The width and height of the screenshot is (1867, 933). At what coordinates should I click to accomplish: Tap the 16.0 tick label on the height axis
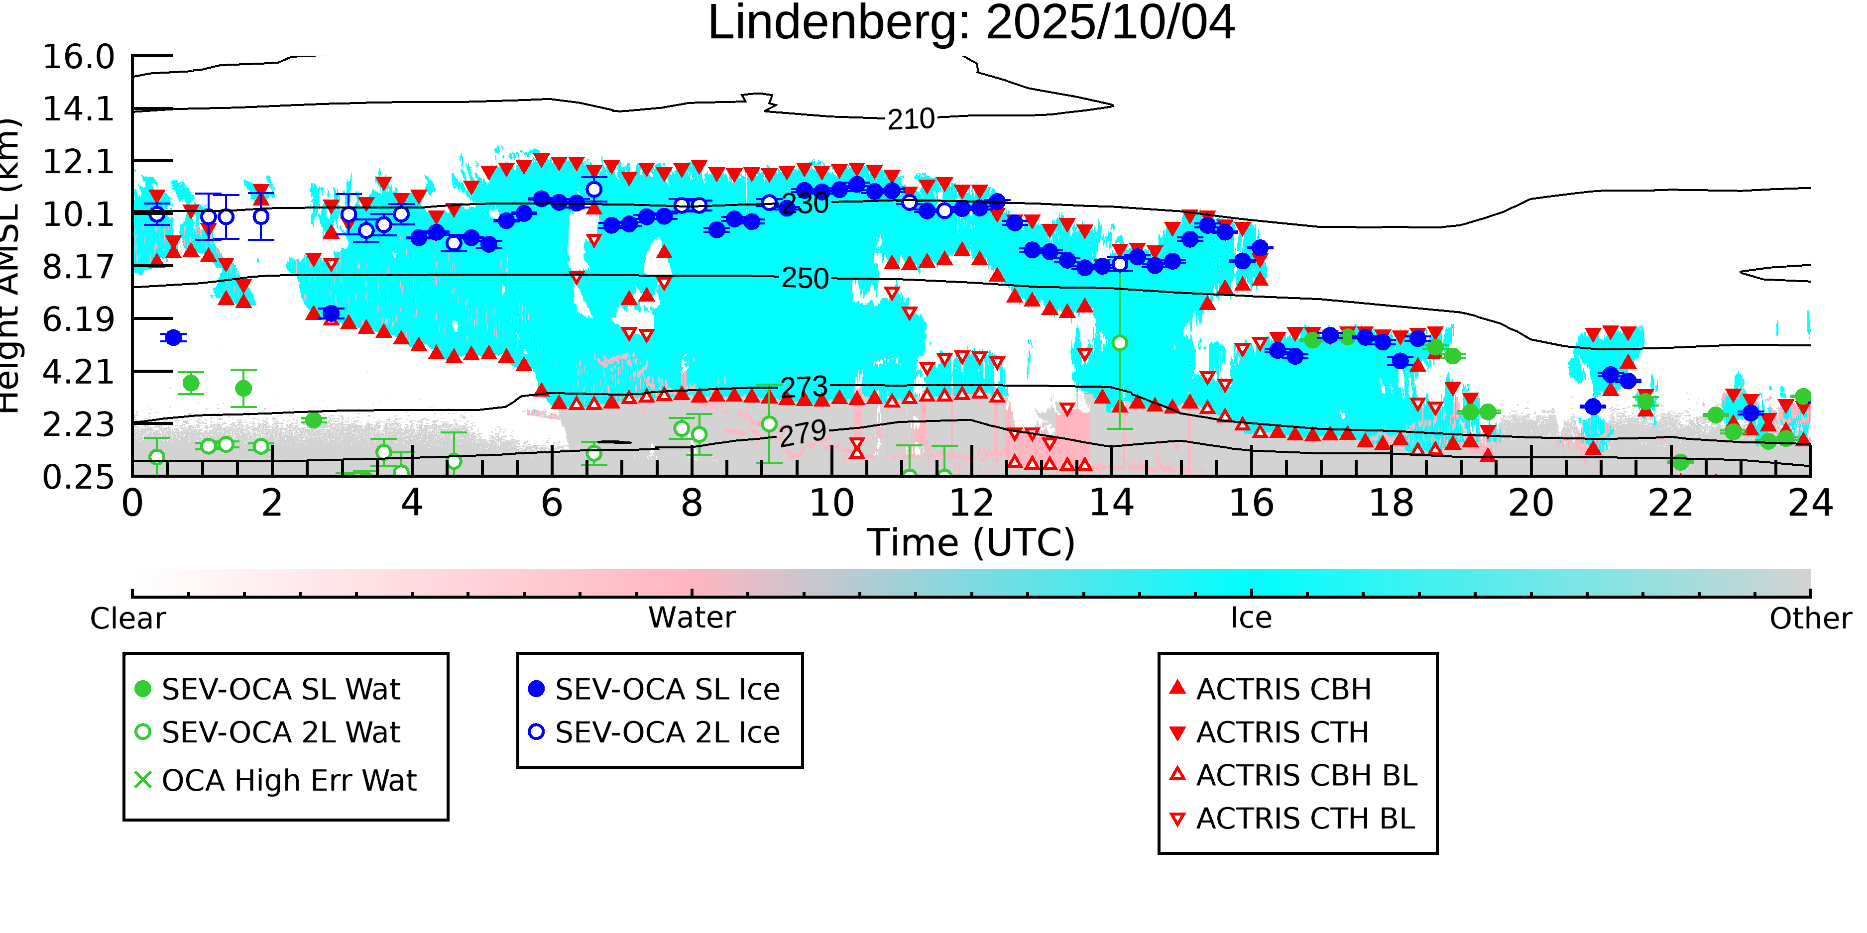pos(78,57)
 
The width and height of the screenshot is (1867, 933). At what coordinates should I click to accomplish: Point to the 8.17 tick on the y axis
pos(78,267)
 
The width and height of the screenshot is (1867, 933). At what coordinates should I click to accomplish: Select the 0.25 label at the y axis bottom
pos(78,477)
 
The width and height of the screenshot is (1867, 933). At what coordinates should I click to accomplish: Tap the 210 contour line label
pos(911,119)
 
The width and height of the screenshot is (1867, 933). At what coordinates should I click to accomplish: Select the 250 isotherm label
pos(805,278)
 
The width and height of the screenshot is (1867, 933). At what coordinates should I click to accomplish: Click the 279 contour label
pos(803,434)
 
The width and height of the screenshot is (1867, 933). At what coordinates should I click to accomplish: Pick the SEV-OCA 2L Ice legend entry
pos(667,733)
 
